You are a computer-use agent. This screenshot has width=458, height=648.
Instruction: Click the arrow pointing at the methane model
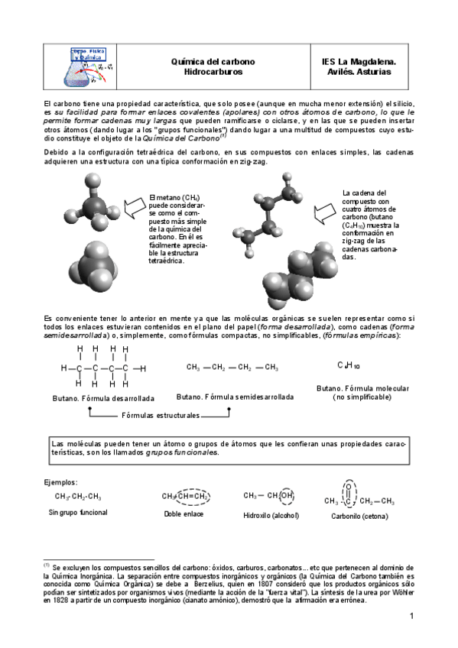coord(134,204)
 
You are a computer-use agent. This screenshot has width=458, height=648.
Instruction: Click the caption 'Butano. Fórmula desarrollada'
coord(104,398)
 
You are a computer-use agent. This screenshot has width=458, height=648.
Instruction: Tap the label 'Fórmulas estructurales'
coord(161,416)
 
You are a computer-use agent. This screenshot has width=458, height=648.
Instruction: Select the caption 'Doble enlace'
coord(184,514)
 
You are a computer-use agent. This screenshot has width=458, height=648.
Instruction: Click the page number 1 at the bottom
coord(411,616)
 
